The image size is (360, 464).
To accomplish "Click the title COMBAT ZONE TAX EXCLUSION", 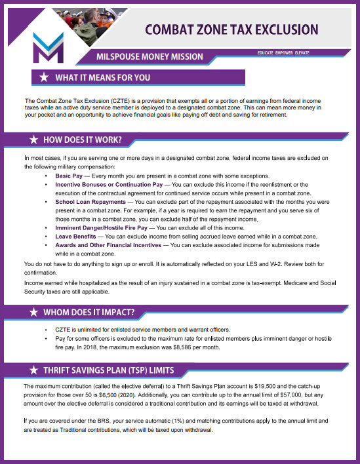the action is tap(231, 29).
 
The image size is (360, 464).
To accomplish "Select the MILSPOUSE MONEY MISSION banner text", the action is tap(150, 56).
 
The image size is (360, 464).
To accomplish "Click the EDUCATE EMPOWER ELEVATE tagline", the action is tap(284, 52).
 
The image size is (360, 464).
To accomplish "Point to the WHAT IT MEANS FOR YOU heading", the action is tap(102, 78).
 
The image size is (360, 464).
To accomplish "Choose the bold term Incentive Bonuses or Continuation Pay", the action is tap(109, 185).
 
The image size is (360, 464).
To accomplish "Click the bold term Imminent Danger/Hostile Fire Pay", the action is tap(101, 227).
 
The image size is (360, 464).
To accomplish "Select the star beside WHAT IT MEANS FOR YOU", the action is tap(43, 78).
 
